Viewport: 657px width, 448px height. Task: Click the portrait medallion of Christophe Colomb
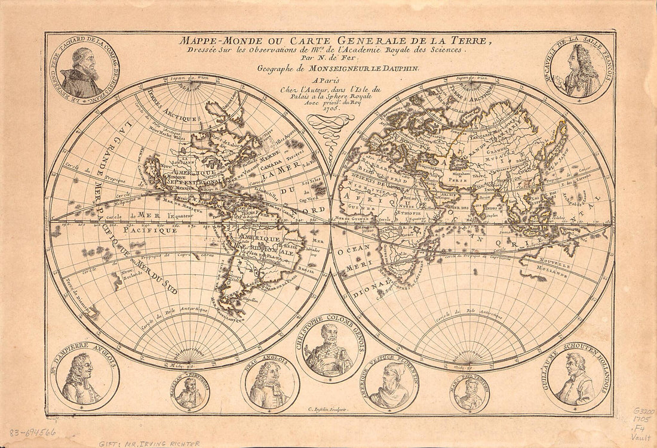point(328,348)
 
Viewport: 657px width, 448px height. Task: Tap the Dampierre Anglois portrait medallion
point(84,379)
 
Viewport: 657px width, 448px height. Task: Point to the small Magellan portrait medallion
point(190,392)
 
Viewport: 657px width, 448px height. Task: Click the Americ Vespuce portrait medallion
point(391,385)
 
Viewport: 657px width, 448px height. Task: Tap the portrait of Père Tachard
point(84,66)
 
